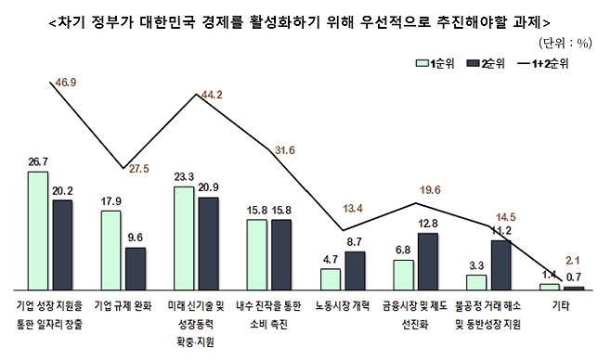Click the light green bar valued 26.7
(x=39, y=231)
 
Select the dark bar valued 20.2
(x=62, y=245)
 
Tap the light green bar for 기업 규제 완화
(x=111, y=251)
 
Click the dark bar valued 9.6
(x=136, y=269)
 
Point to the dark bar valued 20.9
(x=208, y=244)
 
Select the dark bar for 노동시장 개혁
(x=355, y=271)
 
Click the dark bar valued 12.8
(x=428, y=262)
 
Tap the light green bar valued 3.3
(x=476, y=283)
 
